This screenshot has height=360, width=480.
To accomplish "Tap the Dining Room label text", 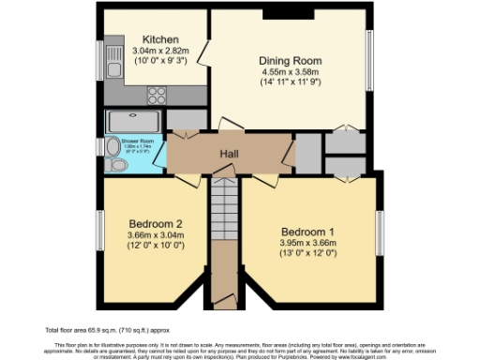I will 290,59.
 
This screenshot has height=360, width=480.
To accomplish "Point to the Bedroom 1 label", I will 306,232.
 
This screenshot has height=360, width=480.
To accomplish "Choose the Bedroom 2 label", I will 153,223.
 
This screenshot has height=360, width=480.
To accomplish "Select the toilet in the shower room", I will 116,164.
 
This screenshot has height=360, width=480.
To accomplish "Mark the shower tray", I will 133,120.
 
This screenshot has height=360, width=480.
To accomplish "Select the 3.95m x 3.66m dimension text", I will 306,244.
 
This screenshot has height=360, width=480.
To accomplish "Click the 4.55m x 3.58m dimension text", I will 290,71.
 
